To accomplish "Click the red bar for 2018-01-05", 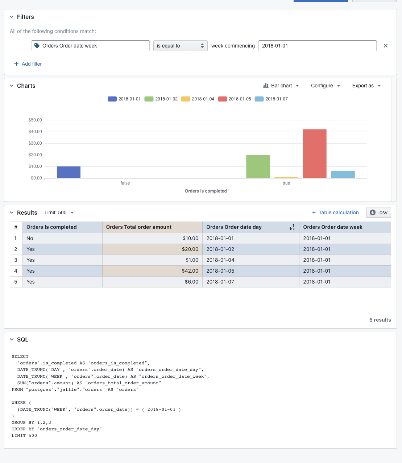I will [x=315, y=154].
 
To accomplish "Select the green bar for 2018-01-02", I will [x=258, y=166].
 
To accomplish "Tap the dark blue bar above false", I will [x=69, y=172].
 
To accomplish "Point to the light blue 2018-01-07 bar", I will [x=343, y=174].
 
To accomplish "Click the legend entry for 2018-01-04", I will [x=198, y=99].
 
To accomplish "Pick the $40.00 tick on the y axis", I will [x=35, y=132].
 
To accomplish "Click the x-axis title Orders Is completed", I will [x=206, y=191].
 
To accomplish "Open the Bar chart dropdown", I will [x=281, y=86].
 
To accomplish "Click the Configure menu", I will [x=325, y=86].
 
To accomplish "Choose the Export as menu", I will [x=366, y=86].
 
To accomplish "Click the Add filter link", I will [x=28, y=64].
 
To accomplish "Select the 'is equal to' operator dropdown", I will [x=180, y=46].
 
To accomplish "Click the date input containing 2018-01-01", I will [x=317, y=46].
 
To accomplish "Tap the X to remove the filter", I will [x=386, y=46].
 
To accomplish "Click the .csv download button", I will [x=378, y=212].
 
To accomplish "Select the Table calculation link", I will [x=335, y=212].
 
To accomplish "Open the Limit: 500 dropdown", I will [x=59, y=212].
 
